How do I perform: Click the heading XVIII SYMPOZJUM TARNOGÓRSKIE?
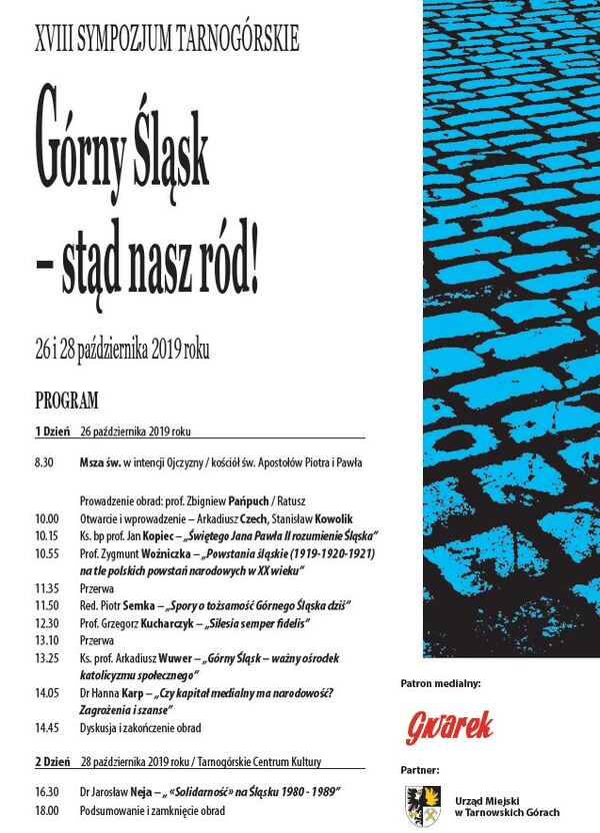167,41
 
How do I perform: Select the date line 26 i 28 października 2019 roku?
123,351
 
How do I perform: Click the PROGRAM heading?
67,402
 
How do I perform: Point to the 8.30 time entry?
44,463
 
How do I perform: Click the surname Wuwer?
179,659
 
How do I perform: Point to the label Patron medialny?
441,684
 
